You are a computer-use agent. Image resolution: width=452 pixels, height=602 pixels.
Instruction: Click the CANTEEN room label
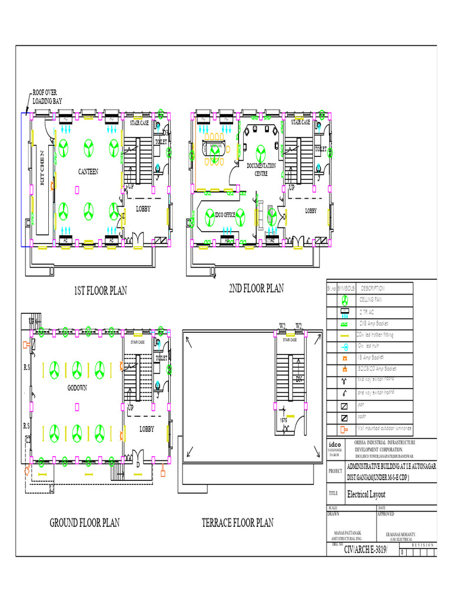(x=88, y=172)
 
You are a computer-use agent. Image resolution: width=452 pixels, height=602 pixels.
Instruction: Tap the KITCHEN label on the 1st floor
(x=42, y=168)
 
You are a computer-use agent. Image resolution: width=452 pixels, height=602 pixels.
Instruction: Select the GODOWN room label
(x=77, y=389)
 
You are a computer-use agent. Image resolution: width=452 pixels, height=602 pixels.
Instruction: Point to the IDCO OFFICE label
(x=225, y=215)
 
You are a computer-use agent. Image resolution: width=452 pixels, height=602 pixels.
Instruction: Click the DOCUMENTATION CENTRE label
(x=261, y=169)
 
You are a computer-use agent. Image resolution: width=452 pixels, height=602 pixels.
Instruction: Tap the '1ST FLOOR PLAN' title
(x=100, y=290)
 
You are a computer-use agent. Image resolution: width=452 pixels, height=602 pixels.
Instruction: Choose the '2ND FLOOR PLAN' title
(x=256, y=288)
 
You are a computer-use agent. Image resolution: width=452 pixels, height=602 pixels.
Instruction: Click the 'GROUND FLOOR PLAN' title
(x=84, y=523)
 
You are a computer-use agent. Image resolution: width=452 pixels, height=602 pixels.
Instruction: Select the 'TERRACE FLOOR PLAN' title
(x=237, y=523)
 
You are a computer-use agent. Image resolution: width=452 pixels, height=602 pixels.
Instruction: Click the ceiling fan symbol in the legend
(x=345, y=300)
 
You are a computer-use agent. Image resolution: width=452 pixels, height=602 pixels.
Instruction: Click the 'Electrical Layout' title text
(x=367, y=494)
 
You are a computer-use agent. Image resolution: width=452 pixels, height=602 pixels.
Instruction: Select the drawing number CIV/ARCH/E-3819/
(x=362, y=549)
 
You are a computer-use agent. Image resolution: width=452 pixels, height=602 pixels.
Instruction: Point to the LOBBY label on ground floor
(x=147, y=429)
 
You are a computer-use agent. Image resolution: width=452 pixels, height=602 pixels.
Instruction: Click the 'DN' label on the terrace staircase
(x=299, y=378)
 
